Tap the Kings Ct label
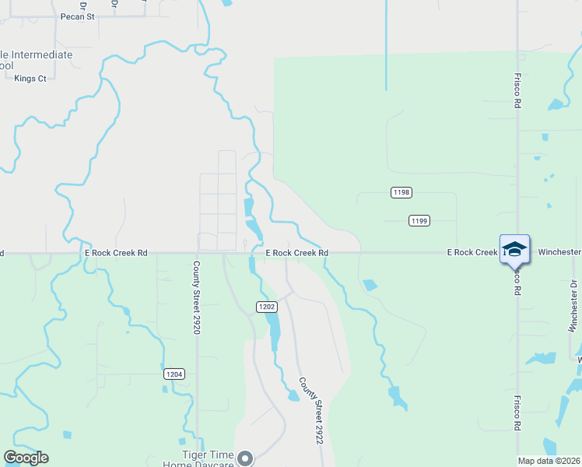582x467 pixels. pos(30,79)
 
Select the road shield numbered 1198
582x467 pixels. pos(401,191)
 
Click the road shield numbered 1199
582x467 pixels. pos(419,221)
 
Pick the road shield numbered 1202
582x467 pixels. pos(266,307)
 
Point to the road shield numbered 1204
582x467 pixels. pos(174,374)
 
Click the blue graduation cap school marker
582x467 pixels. pos(514,249)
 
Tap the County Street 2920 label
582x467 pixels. pos(197,297)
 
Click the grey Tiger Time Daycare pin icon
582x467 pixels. pos(246,458)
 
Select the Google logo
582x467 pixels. pos(26,458)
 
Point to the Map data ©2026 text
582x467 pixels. pos(549,461)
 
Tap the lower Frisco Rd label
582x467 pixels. pos(517,413)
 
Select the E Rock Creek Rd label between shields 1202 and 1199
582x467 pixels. pos(296,253)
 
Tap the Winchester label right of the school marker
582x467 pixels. pos(559,252)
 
